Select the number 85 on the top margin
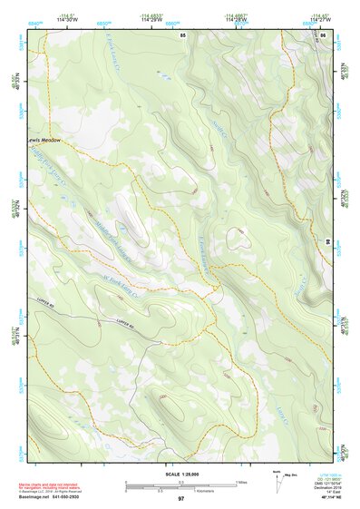(x=183, y=34)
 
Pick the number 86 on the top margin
(x=324, y=34)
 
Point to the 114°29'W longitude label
(x=150, y=20)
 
